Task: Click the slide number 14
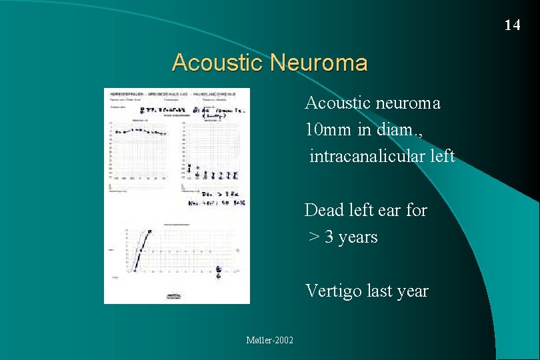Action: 512,25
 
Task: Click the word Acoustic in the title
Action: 217,63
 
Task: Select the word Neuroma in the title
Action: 320,63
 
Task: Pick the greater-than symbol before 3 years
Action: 313,237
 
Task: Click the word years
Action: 358,237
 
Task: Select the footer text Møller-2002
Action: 269,341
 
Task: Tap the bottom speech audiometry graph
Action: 180,251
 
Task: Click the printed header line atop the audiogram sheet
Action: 176,93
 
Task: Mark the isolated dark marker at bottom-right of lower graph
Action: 219,270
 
